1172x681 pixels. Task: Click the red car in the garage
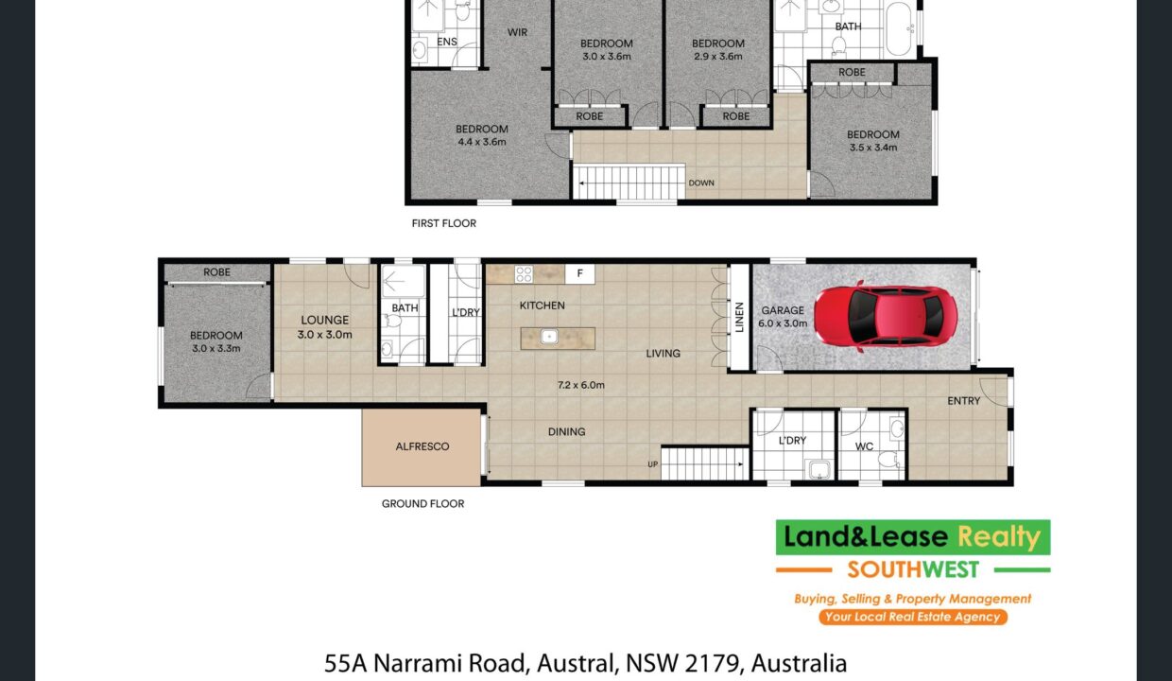886,317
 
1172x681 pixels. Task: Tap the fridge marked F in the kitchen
579,273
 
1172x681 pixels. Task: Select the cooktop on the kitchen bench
524,273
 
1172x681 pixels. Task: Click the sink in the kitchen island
549,337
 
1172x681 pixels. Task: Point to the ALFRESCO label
422,446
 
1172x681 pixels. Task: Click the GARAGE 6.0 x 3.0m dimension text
783,323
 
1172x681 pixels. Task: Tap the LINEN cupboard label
739,317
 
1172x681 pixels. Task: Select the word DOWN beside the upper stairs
701,183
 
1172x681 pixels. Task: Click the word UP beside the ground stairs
652,464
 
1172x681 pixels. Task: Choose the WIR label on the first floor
517,32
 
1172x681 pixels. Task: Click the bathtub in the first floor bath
900,28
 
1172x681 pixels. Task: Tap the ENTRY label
964,401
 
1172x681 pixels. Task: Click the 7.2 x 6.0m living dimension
580,385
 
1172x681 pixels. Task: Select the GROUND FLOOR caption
422,503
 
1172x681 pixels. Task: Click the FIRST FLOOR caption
443,223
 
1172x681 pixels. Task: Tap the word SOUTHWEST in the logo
913,569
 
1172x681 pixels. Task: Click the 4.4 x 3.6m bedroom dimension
482,142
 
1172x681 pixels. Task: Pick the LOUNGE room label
324,320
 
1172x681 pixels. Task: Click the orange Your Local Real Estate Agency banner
913,617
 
